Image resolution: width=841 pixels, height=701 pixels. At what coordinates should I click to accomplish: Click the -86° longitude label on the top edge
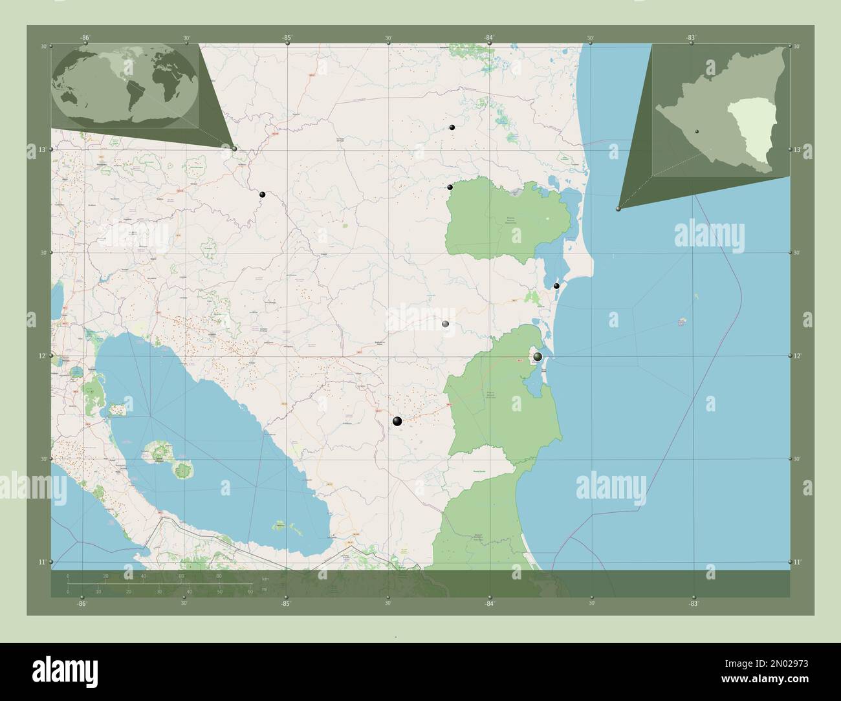[x=85, y=38]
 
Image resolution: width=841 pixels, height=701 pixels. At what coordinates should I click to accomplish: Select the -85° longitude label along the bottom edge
[x=285, y=603]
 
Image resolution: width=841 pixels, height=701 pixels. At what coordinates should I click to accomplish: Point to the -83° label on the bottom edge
[x=694, y=603]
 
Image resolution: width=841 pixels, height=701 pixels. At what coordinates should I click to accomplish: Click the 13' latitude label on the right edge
[x=798, y=149]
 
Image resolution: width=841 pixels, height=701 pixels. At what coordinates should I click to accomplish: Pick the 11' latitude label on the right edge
[x=798, y=562]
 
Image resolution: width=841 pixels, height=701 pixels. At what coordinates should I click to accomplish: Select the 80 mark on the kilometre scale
[x=219, y=576]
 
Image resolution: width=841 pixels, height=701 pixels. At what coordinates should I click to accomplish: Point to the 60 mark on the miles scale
[x=250, y=592]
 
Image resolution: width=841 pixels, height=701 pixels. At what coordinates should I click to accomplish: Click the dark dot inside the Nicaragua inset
[x=697, y=131]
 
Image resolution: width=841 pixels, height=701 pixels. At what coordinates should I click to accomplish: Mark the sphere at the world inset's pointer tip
[x=234, y=149]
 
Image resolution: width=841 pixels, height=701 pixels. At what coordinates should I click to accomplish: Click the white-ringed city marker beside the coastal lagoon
[x=538, y=356]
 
